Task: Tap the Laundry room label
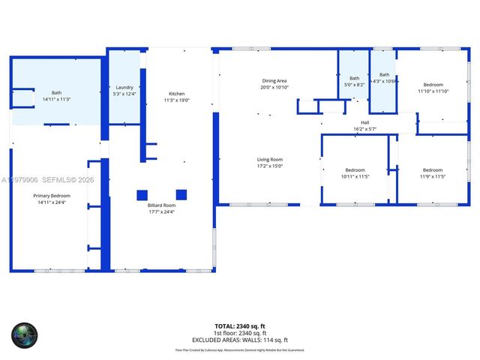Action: tap(124, 87)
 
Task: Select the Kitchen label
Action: tap(176, 94)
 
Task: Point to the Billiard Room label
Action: tap(161, 205)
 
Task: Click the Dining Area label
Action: tap(274, 81)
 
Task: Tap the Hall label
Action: tap(365, 122)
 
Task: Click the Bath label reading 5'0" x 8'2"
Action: tap(354, 79)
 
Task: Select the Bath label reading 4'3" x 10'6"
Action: tap(384, 75)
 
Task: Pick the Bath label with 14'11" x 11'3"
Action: tap(56, 92)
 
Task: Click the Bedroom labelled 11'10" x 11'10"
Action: tap(433, 85)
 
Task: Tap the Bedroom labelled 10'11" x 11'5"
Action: tap(355, 169)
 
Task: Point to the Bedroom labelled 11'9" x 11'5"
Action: tap(432, 169)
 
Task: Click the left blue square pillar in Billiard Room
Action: tap(142, 195)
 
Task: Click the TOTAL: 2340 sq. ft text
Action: tap(240, 326)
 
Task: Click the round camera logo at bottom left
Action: tap(23, 334)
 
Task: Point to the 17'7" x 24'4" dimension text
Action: tap(161, 211)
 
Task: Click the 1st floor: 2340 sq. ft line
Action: tap(240, 333)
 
